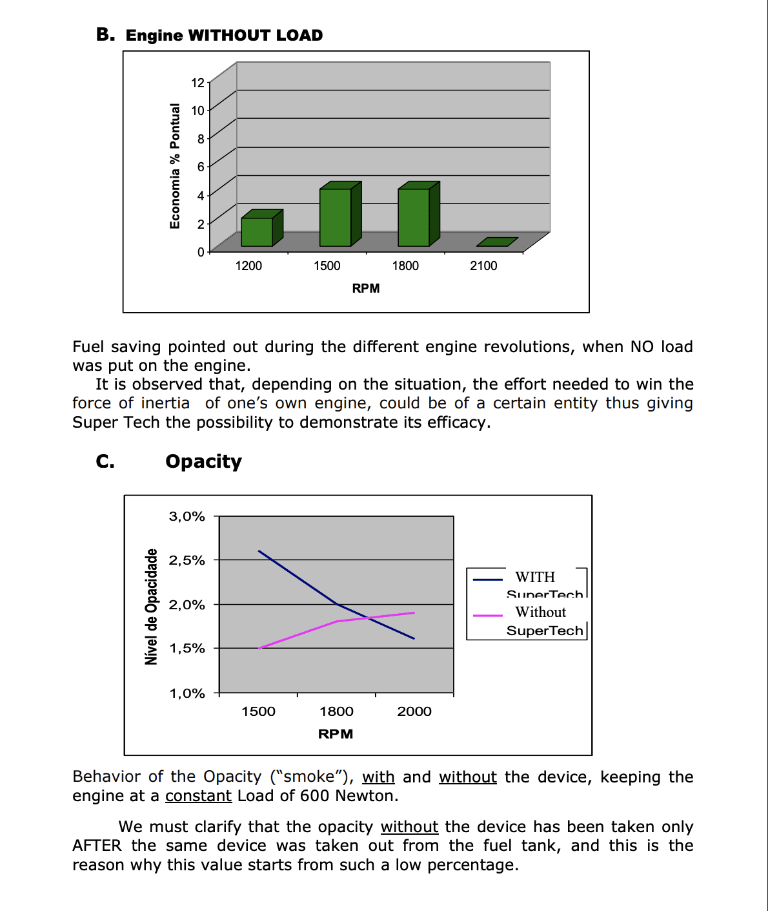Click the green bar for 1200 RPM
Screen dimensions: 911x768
[257, 231]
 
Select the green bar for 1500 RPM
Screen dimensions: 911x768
[336, 217]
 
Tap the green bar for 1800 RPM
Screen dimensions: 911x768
[414, 217]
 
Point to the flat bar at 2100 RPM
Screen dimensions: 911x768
[497, 242]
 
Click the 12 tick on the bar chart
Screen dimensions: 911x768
[197, 83]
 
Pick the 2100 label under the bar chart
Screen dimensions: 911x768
[483, 266]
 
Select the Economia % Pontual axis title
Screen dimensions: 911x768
[175, 166]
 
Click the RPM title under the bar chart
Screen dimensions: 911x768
[365, 288]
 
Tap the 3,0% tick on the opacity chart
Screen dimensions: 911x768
[187, 516]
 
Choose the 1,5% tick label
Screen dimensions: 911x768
[187, 648]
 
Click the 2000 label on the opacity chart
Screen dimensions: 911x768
[414, 711]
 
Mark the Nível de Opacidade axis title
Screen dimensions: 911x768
[151, 606]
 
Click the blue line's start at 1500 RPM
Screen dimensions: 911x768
[259, 551]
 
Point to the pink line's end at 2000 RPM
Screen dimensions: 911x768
[414, 613]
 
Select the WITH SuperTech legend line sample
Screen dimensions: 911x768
[488, 580]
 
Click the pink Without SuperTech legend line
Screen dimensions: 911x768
[488, 616]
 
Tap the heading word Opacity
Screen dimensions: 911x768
[203, 461]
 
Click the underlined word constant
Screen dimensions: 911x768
[198, 795]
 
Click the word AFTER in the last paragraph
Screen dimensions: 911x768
[97, 846]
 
